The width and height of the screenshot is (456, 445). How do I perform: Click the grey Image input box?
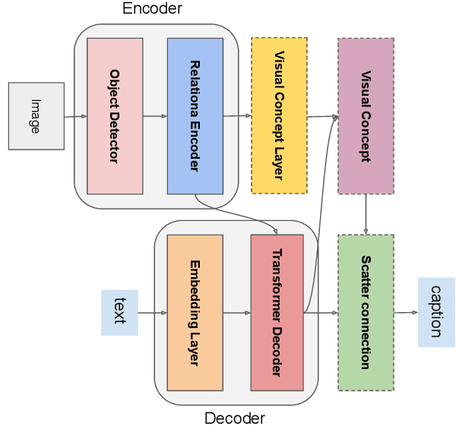pos(36,116)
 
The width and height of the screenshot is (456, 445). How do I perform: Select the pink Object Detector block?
pos(115,115)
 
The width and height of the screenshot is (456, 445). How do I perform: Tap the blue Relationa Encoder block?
pos(195,115)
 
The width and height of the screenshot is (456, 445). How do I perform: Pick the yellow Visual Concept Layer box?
pos(279,115)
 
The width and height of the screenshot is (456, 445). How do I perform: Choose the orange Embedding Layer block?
pos(195,312)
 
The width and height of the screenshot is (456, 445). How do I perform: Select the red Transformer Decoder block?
pos(277,312)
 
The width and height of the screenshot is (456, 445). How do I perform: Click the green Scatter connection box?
pos(366,312)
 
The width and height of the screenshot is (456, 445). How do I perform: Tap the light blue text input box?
pos(119,312)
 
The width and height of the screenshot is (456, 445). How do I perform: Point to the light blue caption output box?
pos(436,312)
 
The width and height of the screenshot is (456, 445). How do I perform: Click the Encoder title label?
pos(152,9)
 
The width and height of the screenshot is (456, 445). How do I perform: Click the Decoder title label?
pos(235,418)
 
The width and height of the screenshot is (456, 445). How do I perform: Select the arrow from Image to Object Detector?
pos(75,116)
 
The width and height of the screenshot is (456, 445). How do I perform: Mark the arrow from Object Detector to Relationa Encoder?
pos(155,116)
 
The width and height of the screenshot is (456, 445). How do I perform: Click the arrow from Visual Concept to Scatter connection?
pos(366,213)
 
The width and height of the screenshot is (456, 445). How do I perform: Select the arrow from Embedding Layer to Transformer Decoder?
pos(236,312)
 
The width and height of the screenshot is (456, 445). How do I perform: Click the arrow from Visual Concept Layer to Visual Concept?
pos(322,117)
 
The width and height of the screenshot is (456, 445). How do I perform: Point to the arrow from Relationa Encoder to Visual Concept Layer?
pos(237,116)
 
